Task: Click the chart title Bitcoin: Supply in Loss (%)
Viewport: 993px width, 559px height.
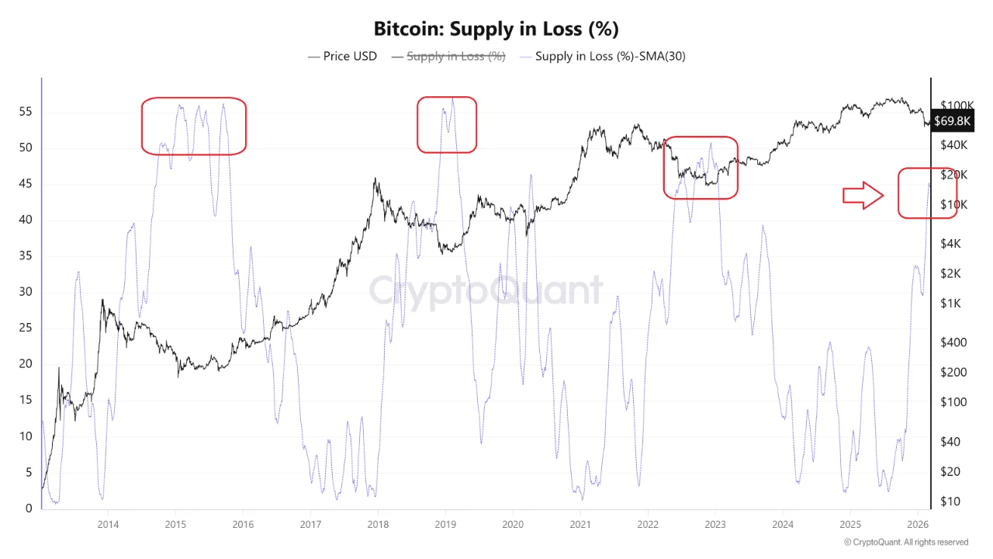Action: [x=496, y=30]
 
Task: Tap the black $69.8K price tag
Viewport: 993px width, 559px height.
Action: [x=952, y=121]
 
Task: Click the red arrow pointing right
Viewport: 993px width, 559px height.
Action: [x=863, y=196]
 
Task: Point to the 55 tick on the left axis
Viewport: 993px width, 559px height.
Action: [x=25, y=112]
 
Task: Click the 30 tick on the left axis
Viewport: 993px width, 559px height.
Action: [x=25, y=292]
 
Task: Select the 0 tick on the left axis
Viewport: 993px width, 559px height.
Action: [x=29, y=509]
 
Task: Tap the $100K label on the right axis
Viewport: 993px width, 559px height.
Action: [x=957, y=106]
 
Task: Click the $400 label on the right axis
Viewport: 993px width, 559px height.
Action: [x=953, y=342]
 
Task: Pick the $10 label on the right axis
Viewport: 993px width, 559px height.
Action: [x=950, y=502]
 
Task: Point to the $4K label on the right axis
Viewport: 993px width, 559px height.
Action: [x=951, y=244]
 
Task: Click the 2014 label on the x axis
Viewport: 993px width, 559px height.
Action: [x=108, y=524]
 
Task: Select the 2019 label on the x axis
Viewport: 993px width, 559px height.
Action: [x=445, y=524]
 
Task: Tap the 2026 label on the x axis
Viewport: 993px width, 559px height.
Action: [x=918, y=524]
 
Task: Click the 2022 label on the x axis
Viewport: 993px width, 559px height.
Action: [x=648, y=524]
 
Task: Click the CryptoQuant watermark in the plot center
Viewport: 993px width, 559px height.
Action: [x=486, y=291]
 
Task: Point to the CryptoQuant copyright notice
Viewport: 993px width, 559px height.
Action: [x=905, y=542]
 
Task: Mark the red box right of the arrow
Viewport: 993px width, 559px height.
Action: [x=927, y=193]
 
